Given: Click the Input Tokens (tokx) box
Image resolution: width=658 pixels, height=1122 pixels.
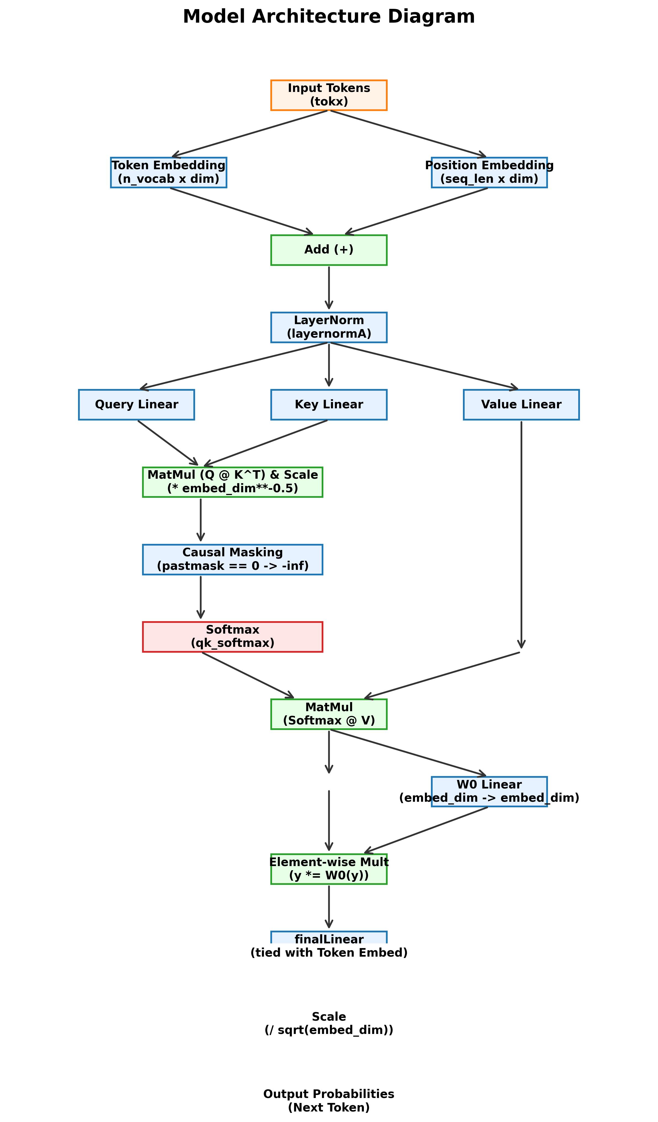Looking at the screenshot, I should tap(329, 95).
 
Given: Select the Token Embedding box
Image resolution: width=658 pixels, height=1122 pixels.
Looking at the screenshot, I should tap(169, 172).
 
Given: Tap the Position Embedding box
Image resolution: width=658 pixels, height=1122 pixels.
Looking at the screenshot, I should tap(489, 172).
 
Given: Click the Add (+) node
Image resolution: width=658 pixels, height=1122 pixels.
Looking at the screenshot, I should tap(329, 250).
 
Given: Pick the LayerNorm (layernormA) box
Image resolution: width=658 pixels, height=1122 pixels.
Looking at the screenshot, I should tap(329, 327).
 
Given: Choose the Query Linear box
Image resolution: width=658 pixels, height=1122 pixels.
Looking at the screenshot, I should tap(137, 404).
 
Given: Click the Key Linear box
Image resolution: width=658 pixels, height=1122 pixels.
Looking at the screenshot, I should tap(329, 404).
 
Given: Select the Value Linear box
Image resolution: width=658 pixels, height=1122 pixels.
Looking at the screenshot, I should tap(521, 404).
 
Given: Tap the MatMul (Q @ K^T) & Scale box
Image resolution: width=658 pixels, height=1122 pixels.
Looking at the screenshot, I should tap(233, 482).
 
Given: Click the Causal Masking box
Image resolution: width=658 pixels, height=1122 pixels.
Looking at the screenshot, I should tap(233, 559).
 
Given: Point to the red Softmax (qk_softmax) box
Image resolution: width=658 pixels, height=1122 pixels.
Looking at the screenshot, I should tap(233, 637).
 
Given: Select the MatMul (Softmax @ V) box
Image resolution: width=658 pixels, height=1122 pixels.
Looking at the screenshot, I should tap(329, 714).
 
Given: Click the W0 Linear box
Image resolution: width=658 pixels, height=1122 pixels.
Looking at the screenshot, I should tap(489, 792).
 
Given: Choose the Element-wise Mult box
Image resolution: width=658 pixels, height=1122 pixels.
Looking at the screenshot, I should tap(329, 869).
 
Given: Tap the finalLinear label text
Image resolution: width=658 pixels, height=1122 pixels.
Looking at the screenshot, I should tap(329, 940).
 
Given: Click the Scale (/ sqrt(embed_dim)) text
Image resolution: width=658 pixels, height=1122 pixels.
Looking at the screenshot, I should tap(329, 1024).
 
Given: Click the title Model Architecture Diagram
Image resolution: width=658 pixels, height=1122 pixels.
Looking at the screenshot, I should tap(329, 17).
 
